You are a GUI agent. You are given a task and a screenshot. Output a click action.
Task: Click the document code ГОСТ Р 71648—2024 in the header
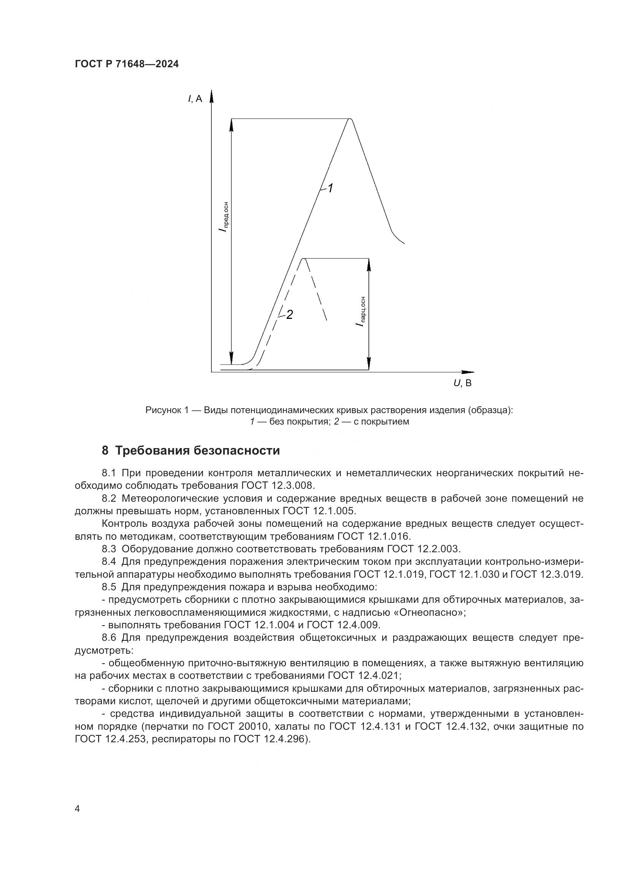(127, 64)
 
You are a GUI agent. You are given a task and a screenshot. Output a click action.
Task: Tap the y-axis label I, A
(195, 99)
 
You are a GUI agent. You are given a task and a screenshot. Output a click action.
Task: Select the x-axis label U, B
(462, 383)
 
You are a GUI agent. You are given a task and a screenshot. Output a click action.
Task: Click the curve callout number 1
(330, 189)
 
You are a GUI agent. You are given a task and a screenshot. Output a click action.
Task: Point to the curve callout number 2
(289, 315)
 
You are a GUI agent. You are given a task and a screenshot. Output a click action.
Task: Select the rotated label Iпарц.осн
(361, 312)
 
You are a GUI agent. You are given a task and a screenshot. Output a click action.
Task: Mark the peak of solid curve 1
(350, 119)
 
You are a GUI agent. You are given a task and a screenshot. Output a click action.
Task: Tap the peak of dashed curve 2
(304, 259)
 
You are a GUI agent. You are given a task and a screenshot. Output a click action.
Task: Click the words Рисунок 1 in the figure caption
(167, 410)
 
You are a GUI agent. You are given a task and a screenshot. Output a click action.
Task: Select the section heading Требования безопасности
(197, 451)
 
